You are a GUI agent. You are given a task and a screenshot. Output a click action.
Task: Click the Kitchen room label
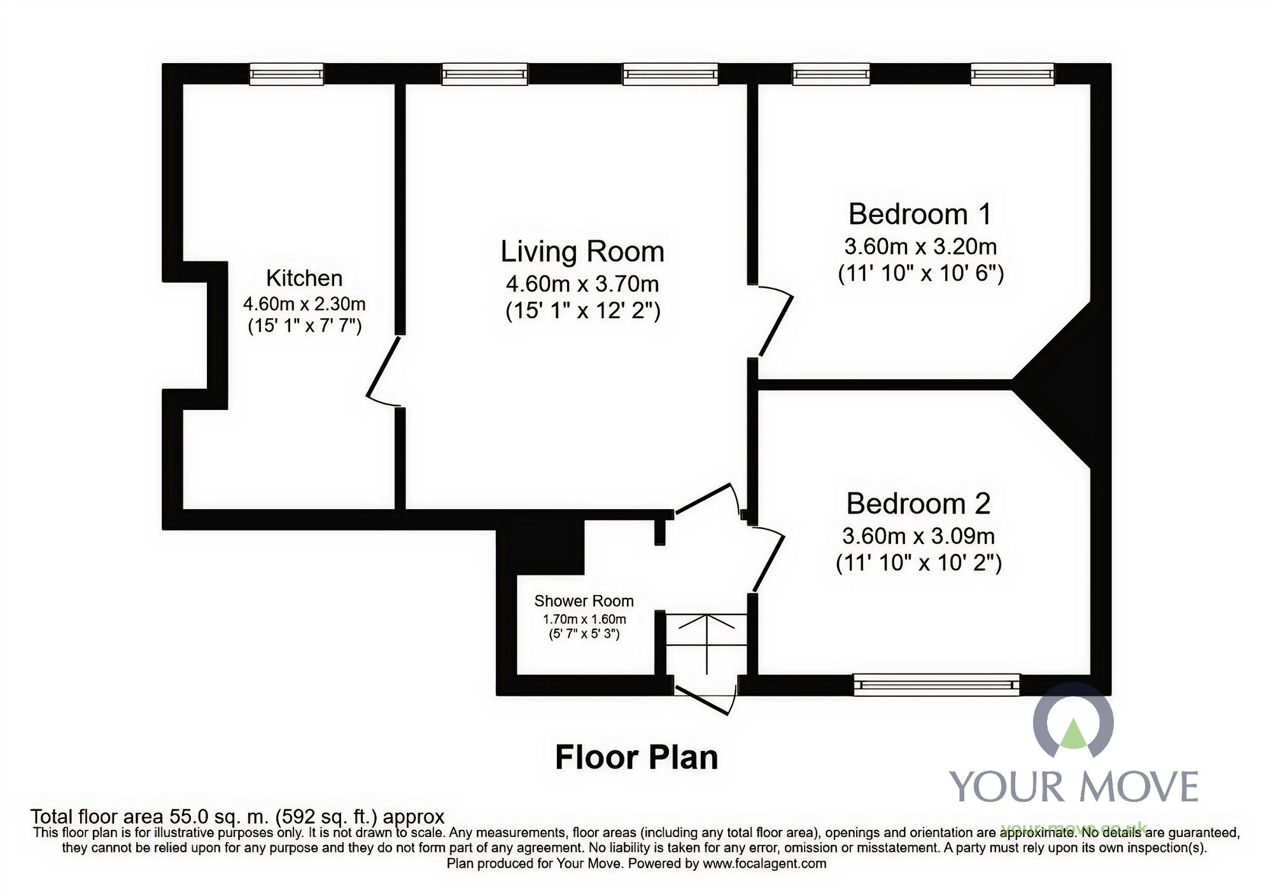click(x=304, y=278)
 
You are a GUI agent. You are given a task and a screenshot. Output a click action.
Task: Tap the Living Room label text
click(x=582, y=251)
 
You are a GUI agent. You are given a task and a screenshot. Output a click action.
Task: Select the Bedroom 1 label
click(x=920, y=214)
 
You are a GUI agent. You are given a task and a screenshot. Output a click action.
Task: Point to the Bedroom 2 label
click(x=918, y=503)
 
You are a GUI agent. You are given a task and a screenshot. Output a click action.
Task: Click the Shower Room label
click(x=584, y=601)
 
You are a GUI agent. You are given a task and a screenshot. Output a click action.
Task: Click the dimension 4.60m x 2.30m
click(x=304, y=304)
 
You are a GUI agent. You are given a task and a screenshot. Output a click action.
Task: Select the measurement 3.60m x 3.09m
click(x=918, y=536)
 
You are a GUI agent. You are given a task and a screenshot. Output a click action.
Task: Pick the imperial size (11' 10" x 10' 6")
click(x=920, y=273)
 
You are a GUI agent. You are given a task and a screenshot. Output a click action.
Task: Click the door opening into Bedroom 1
click(x=775, y=321)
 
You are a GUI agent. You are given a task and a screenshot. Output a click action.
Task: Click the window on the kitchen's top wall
click(x=286, y=74)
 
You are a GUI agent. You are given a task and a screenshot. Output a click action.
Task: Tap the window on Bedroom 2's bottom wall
click(x=936, y=685)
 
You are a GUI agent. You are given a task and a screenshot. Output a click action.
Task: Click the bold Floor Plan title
click(x=636, y=757)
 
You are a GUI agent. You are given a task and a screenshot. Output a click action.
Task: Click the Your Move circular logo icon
click(x=1073, y=722)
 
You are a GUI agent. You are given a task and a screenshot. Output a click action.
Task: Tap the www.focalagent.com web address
click(x=764, y=864)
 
